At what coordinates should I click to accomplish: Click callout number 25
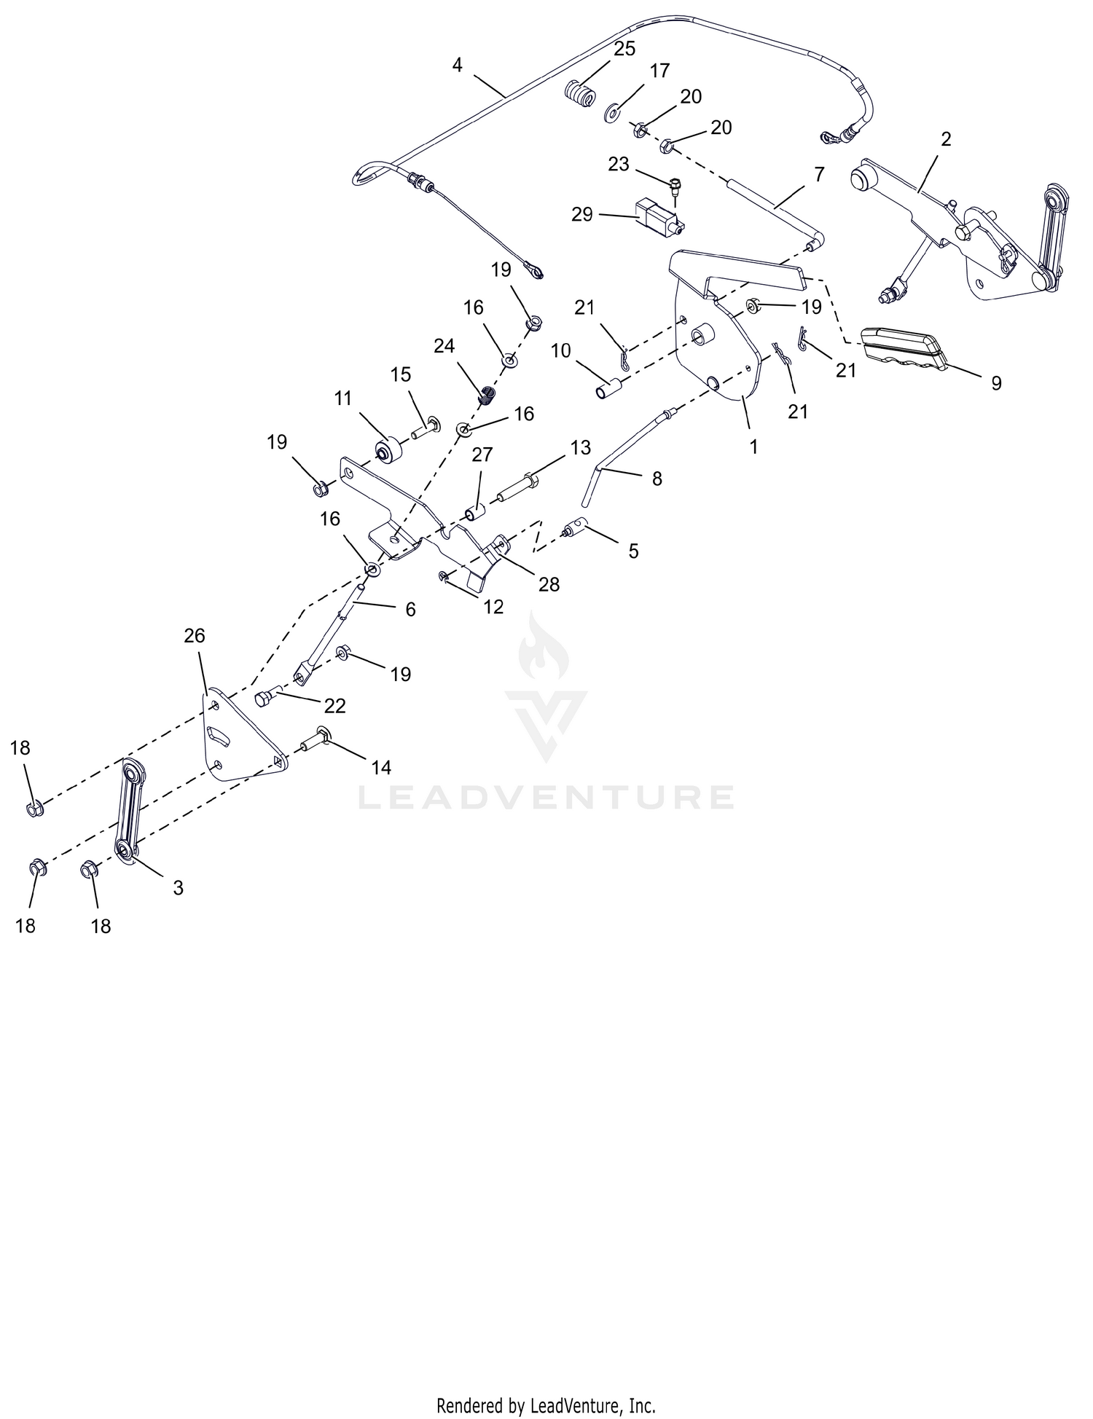(x=624, y=49)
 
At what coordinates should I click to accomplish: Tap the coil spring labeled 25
(x=581, y=94)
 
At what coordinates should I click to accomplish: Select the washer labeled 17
(x=612, y=113)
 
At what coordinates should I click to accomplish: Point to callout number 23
(x=619, y=165)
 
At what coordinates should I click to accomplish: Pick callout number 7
(x=819, y=175)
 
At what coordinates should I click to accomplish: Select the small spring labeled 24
(x=487, y=396)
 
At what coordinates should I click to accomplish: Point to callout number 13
(x=581, y=447)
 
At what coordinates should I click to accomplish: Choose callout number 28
(x=549, y=584)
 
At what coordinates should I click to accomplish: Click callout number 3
(x=178, y=888)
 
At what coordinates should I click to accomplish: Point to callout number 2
(x=946, y=139)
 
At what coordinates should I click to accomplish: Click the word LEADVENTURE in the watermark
(x=546, y=797)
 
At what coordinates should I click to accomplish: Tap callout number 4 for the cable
(x=457, y=65)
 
